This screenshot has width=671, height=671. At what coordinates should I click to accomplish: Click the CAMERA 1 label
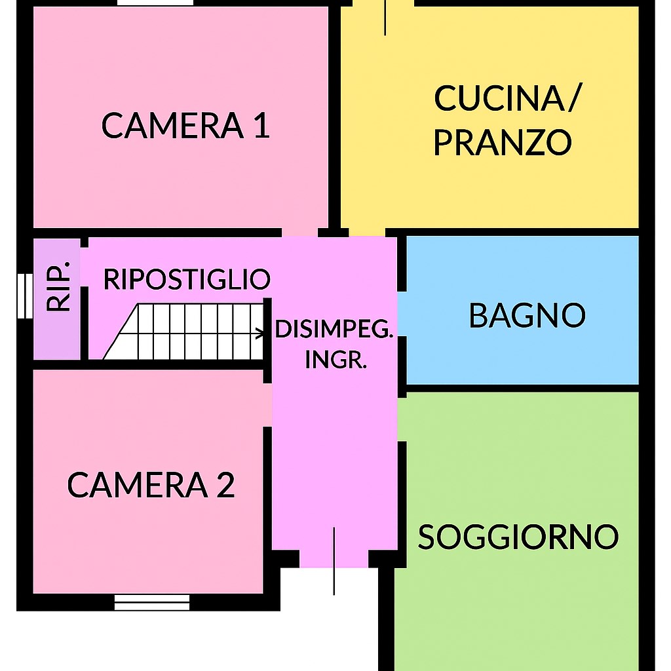point(185,126)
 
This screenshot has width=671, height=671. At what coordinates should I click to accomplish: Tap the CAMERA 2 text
point(151,486)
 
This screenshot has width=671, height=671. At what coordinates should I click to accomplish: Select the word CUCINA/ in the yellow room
point(507,99)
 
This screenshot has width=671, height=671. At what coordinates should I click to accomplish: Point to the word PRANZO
point(503,142)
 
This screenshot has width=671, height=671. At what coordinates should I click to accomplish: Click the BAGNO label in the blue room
point(527,316)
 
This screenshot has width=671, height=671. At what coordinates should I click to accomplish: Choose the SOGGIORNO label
point(518,537)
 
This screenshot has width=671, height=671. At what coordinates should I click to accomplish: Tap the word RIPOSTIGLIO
point(187,279)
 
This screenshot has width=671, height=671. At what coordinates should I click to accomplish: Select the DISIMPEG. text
point(334,330)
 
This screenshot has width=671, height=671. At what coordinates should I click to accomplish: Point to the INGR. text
point(335,359)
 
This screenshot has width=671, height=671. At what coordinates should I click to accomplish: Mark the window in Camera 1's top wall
point(156,3)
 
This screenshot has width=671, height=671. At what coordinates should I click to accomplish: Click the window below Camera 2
point(152,602)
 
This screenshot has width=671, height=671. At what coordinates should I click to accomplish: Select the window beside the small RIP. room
point(25,296)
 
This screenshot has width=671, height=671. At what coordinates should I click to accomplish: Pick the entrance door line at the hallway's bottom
point(334,561)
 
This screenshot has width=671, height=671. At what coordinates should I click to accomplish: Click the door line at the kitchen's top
point(385,18)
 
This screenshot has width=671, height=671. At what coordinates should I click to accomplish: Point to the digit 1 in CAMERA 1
point(261,126)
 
